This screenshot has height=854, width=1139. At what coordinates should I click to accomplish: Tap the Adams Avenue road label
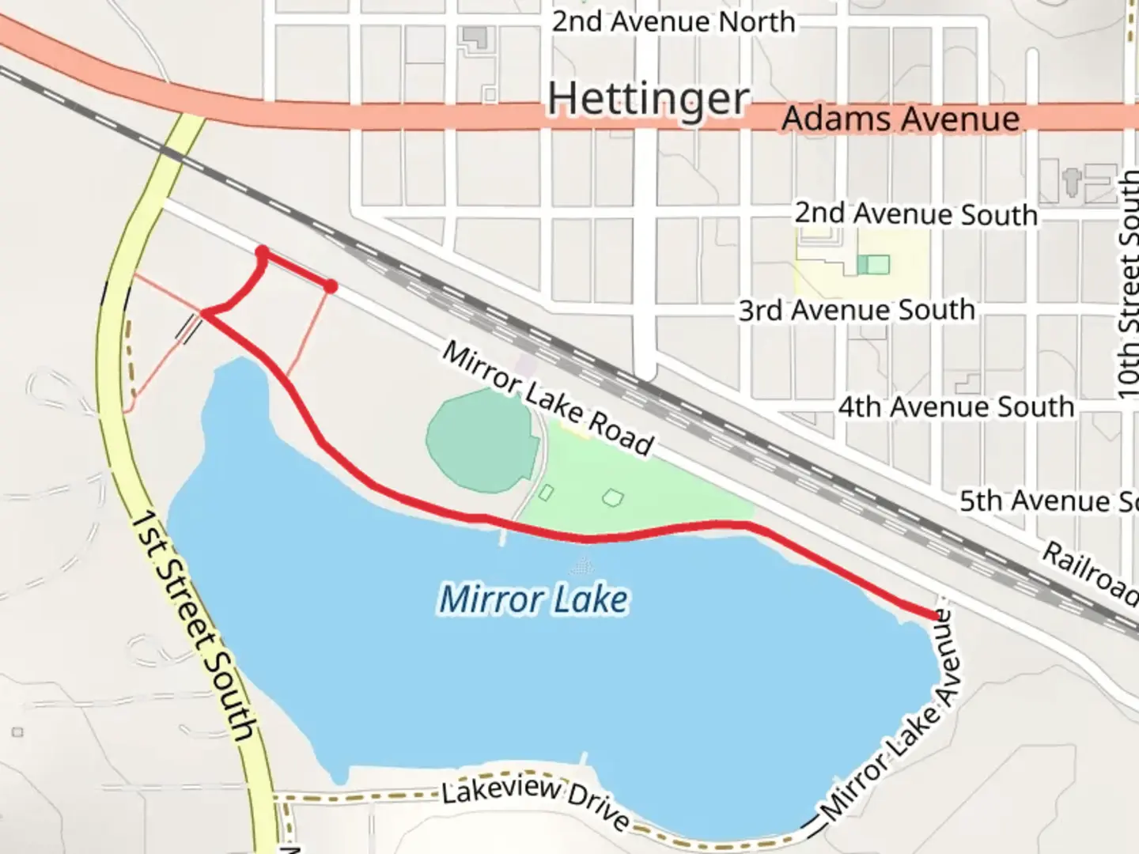pyautogui.click(x=900, y=119)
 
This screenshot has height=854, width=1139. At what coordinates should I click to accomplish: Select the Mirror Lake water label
pyautogui.click(x=533, y=599)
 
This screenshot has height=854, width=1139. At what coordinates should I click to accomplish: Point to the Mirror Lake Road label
pyautogui.click(x=547, y=399)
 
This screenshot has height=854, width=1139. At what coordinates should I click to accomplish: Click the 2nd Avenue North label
pyautogui.click(x=673, y=21)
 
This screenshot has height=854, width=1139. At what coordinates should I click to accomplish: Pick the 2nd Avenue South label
pyautogui.click(x=915, y=213)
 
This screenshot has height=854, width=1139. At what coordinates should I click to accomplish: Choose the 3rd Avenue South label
pyautogui.click(x=856, y=310)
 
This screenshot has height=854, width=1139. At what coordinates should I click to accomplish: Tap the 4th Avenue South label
pyautogui.click(x=955, y=407)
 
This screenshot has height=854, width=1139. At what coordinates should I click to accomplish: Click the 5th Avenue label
pyautogui.click(x=1046, y=501)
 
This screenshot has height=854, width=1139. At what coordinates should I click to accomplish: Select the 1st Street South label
pyautogui.click(x=193, y=625)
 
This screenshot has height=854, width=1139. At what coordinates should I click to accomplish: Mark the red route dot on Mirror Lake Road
pyautogui.click(x=331, y=286)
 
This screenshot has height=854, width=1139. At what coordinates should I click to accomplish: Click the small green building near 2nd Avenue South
pyautogui.click(x=873, y=264)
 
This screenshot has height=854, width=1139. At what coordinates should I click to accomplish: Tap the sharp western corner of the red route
pyautogui.click(x=205, y=314)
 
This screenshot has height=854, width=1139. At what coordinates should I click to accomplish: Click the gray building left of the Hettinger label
pyautogui.click(x=475, y=38)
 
